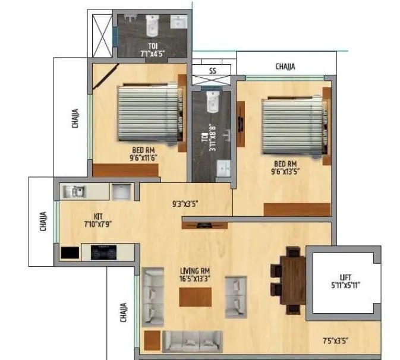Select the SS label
212,71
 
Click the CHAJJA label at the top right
285,67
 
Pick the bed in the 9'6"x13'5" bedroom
293,126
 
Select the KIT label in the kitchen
99,216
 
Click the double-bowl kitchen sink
76,191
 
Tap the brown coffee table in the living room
195,296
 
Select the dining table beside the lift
293,279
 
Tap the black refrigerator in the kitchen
70,252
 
